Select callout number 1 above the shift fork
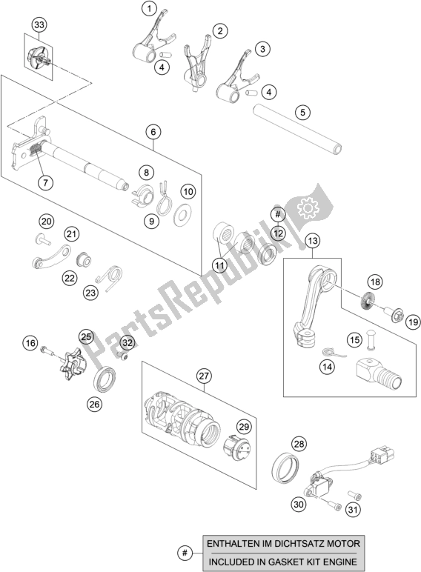(150, 10)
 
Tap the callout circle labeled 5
(301, 113)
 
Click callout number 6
(153, 133)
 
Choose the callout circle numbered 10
(188, 191)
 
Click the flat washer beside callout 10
(180, 216)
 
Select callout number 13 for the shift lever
(312, 240)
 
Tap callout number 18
(376, 282)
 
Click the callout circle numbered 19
(413, 322)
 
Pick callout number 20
(47, 222)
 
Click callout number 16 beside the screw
(30, 343)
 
